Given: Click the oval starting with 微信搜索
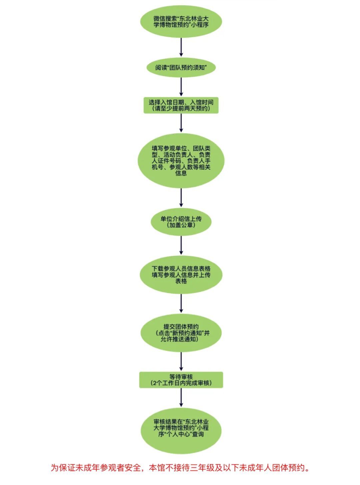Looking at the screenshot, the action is (181, 21).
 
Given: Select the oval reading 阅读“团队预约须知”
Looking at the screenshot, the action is (181, 68).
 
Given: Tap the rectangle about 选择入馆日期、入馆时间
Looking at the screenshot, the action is (181, 105).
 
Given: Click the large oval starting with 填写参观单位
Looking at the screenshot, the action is (181, 161).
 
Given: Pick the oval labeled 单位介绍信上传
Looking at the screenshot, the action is (181, 222).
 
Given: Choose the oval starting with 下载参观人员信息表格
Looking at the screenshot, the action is (181, 274).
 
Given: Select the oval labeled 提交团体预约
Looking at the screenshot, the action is (181, 333).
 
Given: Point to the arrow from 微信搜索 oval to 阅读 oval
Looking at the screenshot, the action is (181, 47).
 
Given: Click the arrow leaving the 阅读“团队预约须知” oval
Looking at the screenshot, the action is (181, 87).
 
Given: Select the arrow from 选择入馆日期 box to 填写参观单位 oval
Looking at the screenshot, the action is (181, 123).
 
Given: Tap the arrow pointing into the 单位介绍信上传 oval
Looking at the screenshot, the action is (181, 198).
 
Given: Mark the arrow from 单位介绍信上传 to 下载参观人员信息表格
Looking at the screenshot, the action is (181, 245).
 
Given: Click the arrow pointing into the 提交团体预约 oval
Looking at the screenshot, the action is (181, 303).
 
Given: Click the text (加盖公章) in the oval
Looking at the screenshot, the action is (181, 225).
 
